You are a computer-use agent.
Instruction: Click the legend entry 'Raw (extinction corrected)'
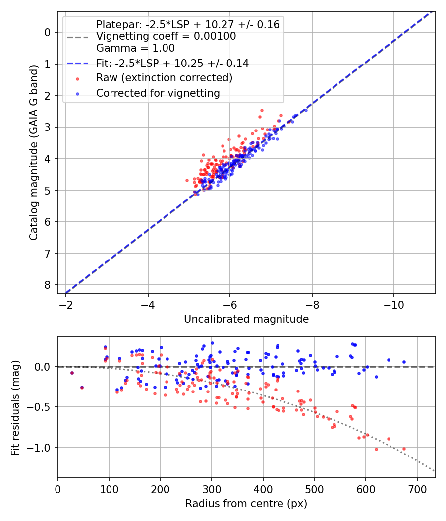click(164, 78)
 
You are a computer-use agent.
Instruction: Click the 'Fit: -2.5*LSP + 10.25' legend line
click(172, 63)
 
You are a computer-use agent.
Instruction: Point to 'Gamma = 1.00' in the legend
click(135, 48)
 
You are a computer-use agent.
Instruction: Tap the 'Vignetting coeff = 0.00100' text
click(166, 36)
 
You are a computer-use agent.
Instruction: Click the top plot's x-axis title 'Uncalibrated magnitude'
click(246, 319)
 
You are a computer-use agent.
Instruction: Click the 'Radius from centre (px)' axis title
click(246, 504)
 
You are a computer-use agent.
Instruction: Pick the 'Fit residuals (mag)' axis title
click(15, 407)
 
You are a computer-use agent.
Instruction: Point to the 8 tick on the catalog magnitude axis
click(48, 285)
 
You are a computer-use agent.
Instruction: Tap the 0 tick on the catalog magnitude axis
click(48, 32)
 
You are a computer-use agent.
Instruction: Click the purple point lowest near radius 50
click(82, 387)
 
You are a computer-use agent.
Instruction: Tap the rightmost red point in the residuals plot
click(404, 449)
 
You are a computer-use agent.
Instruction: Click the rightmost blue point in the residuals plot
click(404, 362)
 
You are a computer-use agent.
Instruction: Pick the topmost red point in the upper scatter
click(262, 110)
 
